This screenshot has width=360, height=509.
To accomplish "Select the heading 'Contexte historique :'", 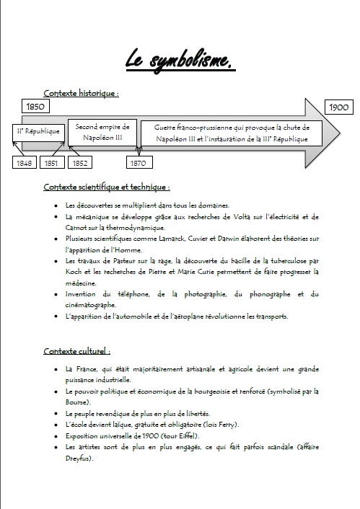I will click(x=81, y=93).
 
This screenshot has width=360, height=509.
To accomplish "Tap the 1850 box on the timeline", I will click(x=36, y=107).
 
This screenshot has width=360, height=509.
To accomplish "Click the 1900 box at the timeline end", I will click(x=339, y=107).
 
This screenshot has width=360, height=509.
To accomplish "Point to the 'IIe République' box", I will click(x=38, y=132).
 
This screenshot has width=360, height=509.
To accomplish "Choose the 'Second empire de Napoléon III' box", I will click(x=102, y=132).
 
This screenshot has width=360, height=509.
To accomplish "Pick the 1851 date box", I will click(x=51, y=163).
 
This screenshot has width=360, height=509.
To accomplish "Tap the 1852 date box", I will click(x=80, y=163).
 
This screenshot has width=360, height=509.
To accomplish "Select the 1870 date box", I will click(x=137, y=163).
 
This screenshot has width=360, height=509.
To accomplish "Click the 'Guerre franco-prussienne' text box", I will click(x=232, y=132).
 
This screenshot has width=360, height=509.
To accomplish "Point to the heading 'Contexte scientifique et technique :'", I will click(x=106, y=187).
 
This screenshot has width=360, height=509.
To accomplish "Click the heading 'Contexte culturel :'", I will click(x=76, y=351).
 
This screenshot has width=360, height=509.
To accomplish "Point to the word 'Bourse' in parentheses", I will click(x=78, y=402).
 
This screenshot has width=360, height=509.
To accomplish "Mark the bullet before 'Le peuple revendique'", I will click(x=56, y=413).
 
